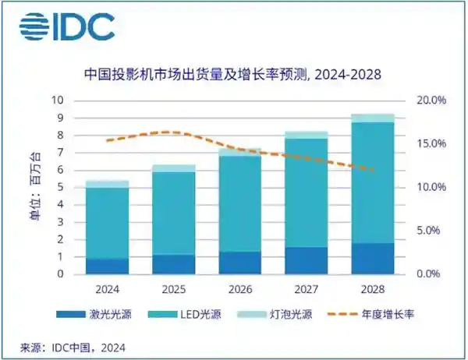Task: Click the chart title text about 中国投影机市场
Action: point(234,76)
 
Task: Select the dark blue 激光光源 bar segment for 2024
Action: point(107,266)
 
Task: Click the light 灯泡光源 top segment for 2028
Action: point(373,118)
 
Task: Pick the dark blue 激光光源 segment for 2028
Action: point(373,259)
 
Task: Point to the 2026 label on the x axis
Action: point(240,288)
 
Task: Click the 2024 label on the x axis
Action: point(107,288)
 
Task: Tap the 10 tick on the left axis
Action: point(57,101)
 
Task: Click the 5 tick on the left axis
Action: point(60,188)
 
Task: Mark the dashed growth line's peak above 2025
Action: point(174,132)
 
